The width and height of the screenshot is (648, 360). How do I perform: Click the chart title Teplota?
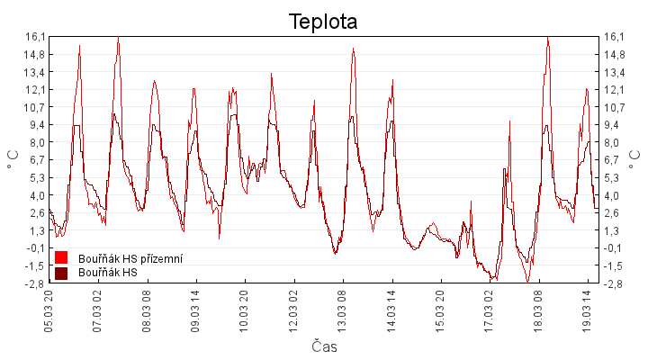point(323,22)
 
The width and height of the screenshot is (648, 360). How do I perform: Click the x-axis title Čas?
point(323,346)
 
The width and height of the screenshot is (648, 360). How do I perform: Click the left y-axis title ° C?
point(13,160)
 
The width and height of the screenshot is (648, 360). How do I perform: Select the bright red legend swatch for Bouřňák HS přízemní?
point(62,258)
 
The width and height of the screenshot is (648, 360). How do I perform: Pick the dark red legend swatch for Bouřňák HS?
point(62,272)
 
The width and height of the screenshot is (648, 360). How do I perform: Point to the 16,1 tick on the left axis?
point(34,37)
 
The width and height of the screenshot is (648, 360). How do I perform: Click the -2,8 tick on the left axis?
point(34,283)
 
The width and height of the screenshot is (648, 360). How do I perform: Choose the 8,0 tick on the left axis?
point(36,142)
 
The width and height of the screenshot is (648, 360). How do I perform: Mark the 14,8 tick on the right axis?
point(614,54)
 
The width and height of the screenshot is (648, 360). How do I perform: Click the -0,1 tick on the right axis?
point(614,248)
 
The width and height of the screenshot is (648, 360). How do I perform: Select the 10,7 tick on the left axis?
point(34,107)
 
